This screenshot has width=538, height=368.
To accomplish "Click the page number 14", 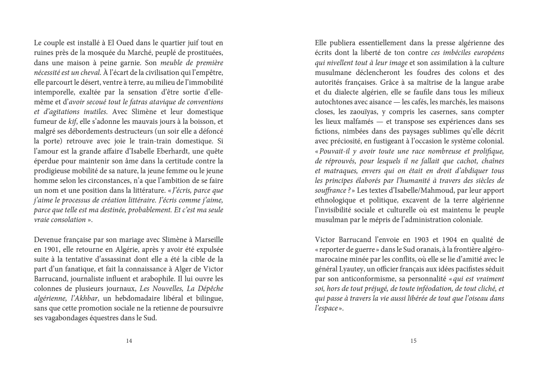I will click(129, 341).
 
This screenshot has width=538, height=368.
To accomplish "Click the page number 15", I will click(413, 341).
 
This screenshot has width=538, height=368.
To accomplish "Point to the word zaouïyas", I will click(362, 111).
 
